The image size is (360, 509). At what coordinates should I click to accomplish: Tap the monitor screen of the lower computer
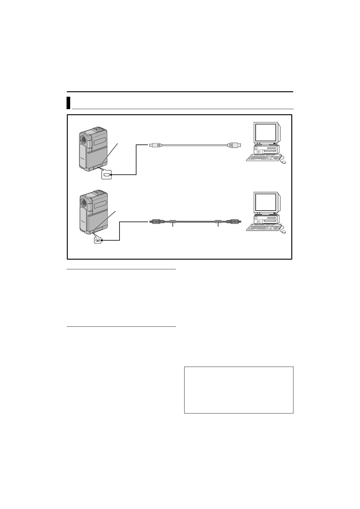[266, 202]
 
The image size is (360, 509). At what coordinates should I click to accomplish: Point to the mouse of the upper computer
[283, 162]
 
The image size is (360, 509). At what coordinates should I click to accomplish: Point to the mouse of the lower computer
[283, 232]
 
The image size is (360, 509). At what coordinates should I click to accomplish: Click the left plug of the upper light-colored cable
[156, 145]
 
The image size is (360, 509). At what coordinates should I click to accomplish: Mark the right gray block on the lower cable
[218, 222]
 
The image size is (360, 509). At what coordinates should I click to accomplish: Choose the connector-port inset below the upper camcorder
[106, 174]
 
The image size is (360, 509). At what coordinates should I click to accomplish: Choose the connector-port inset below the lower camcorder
[97, 240]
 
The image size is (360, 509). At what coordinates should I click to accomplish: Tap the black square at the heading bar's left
[68, 103]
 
